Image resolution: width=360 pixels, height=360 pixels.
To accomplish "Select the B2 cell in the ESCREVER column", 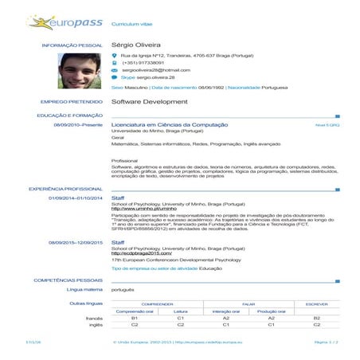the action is click(317, 318).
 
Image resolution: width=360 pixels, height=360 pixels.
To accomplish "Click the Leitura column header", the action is click(181, 311).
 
